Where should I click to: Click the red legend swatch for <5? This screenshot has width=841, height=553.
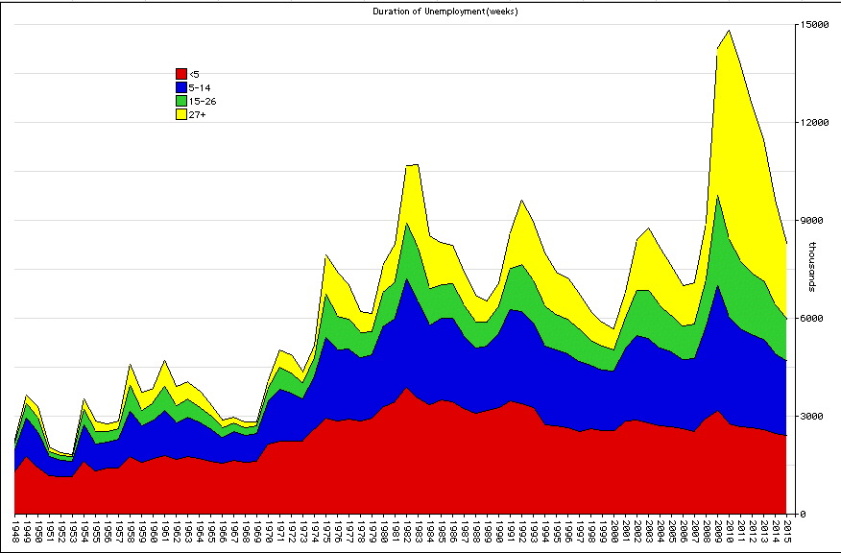[180, 74]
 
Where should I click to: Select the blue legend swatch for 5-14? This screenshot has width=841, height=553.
[180, 87]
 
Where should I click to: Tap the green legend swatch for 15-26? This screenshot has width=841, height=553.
[180, 101]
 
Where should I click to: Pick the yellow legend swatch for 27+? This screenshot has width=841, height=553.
[180, 114]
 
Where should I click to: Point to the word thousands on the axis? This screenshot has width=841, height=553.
[812, 267]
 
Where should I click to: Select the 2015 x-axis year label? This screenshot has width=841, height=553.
[786, 532]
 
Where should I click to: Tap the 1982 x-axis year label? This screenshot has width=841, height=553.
[407, 532]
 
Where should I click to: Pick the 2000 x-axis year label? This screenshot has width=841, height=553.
[614, 532]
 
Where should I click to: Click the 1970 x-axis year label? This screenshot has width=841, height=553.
[269, 532]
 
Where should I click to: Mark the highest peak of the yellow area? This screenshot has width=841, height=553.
[730, 31]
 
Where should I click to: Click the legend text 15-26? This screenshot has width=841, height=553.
[203, 101]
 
